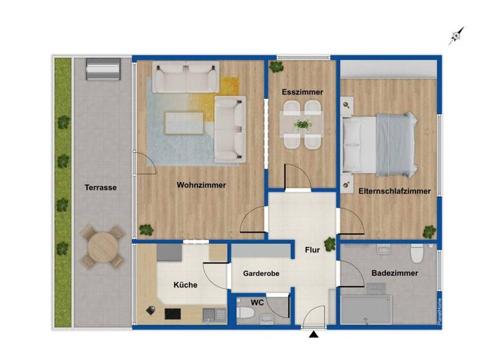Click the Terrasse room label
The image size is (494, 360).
100,188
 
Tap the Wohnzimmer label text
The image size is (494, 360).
201,185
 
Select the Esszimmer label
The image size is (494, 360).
302,93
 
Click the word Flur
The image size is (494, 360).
304,251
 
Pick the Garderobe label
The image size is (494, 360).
261,274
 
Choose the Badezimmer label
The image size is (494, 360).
395,273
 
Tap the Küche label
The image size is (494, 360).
185,285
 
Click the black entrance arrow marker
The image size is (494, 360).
313,334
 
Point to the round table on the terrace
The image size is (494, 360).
101,246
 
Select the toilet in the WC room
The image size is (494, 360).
245,314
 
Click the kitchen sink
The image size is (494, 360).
210,314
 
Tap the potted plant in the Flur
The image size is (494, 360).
330,244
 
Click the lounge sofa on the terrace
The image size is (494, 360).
103,69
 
